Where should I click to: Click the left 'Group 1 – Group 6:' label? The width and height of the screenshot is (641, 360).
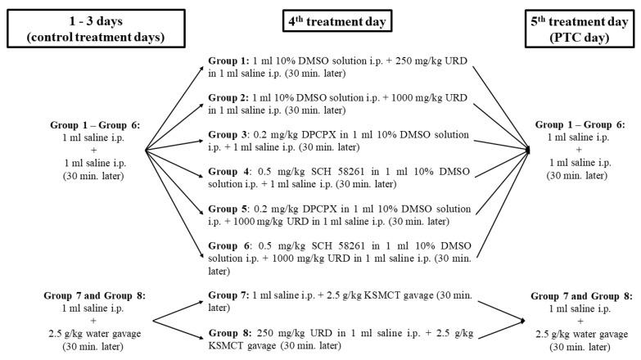72,125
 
